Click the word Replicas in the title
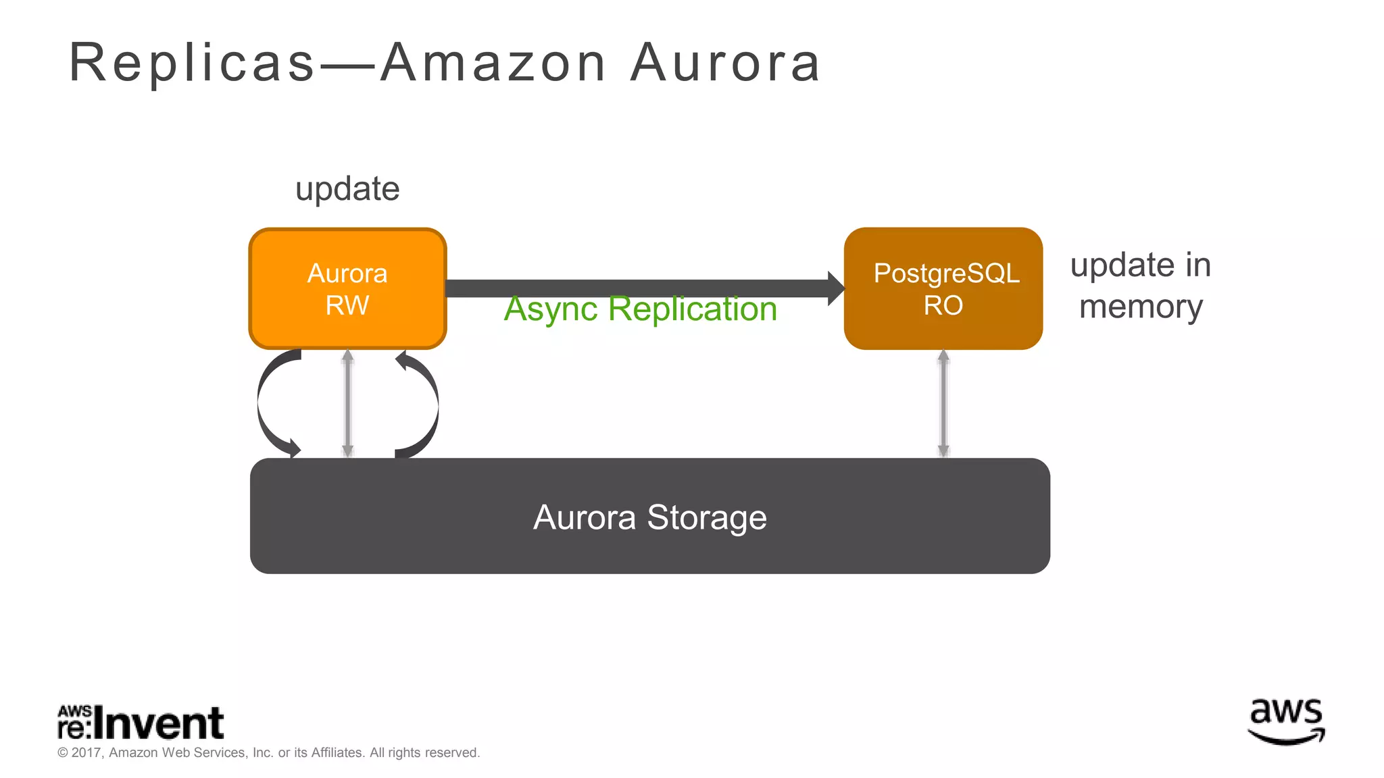(x=193, y=63)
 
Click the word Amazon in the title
(x=493, y=63)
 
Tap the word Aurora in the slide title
(x=726, y=63)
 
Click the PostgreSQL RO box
(x=943, y=288)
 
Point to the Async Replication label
(x=640, y=309)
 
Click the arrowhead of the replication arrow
(x=836, y=288)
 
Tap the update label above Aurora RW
(x=347, y=189)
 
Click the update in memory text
(x=1141, y=286)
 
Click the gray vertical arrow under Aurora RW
(x=347, y=404)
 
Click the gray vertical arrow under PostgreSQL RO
(x=943, y=404)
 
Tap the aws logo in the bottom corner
(x=1286, y=721)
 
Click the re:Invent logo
(x=141, y=723)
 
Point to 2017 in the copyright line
(x=86, y=752)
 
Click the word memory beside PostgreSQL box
(x=1141, y=307)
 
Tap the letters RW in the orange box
(x=347, y=305)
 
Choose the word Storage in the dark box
(x=707, y=517)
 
